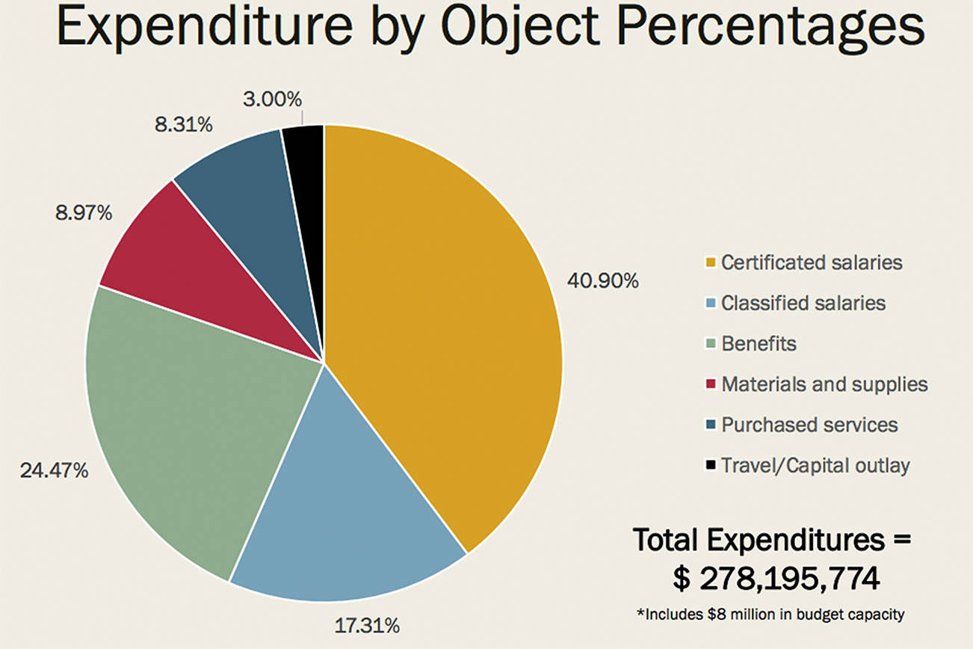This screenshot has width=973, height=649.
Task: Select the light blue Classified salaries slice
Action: coord(351,508)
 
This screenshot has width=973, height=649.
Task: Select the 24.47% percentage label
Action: coord(52,471)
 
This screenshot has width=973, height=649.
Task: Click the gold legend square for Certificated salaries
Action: coord(710,263)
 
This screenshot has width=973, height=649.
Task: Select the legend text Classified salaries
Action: coord(803,304)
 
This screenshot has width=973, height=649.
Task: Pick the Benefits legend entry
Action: coord(759,344)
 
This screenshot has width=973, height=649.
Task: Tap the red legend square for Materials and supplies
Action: coord(710,384)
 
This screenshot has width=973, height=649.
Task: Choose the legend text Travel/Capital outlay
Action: coord(815,466)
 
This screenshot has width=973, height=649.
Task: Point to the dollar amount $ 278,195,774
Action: coord(773,578)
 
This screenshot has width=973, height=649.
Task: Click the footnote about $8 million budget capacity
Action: coord(769,615)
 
